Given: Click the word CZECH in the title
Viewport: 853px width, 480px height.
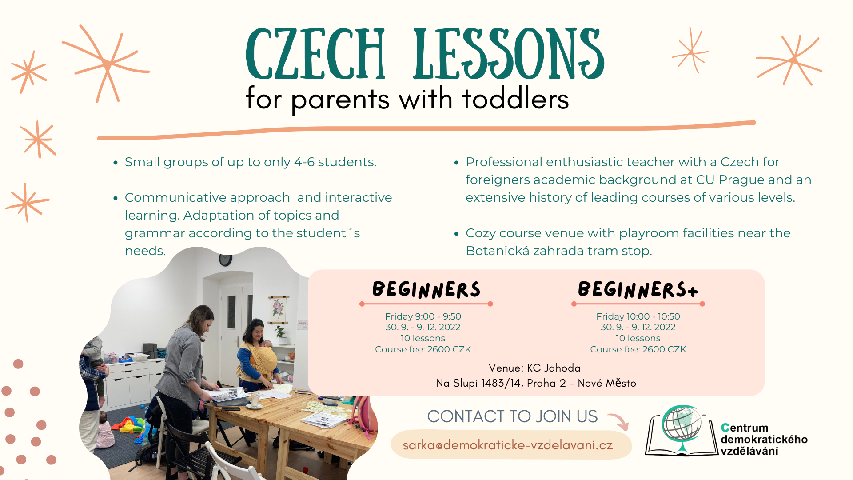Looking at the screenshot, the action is [315, 53].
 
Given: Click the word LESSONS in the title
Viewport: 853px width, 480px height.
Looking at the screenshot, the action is [509, 53].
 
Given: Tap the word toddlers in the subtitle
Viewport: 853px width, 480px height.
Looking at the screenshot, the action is [515, 99].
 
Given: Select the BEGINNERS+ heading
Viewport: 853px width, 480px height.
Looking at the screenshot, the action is [638, 289].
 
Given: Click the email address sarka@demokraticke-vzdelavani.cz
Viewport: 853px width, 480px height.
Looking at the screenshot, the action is [508, 445].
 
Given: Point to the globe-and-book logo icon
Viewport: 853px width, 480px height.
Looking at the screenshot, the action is [682, 430].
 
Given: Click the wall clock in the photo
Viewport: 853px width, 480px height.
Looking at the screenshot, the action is [226, 260].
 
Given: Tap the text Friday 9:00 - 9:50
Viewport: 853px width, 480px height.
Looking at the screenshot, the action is [423, 316].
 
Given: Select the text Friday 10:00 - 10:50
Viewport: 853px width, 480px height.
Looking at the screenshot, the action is [638, 316].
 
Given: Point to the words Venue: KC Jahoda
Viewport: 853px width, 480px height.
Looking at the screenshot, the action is [534, 368].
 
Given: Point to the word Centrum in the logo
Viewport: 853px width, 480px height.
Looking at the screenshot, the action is [745, 428].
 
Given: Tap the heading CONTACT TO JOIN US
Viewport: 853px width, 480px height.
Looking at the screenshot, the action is [512, 416].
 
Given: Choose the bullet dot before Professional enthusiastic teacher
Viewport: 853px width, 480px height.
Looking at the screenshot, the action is [456, 163].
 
